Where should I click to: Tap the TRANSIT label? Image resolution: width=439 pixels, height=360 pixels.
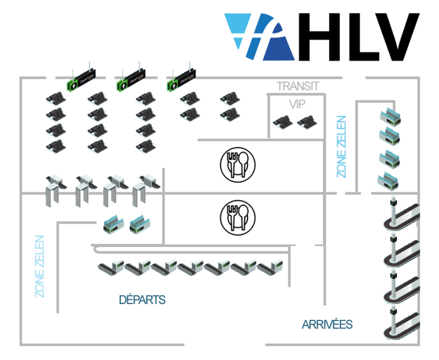pos(297,86)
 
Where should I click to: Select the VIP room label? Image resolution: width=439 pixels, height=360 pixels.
pos(297,104)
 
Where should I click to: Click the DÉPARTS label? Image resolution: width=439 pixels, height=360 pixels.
pos(142,299)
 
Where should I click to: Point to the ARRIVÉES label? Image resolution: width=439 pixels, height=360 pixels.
pos(327,325)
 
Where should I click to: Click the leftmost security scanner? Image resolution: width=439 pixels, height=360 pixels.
pos(55,186)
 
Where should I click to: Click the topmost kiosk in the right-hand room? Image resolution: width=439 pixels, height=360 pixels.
pos(389,117)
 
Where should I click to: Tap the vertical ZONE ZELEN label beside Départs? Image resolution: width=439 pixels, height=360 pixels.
pos(40,266)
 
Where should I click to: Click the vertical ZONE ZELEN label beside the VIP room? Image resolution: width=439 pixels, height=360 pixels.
pos(341,147)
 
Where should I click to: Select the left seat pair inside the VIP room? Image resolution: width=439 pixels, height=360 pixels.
pos(282,123)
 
